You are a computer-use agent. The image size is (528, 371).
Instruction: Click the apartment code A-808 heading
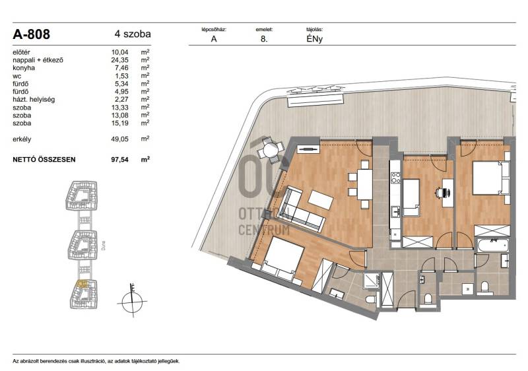pos(31,34)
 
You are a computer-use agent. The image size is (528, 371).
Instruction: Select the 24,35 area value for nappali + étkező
pos(120,60)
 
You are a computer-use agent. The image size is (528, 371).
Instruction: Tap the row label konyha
pos(24,68)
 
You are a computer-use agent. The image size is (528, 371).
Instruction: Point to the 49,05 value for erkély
pos(120,139)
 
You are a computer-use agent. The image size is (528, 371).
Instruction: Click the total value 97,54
pos(120,160)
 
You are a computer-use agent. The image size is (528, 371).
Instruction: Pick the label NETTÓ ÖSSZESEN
pos(44,160)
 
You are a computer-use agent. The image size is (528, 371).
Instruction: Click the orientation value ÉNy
pos(315,39)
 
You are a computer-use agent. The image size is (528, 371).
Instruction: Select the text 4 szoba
pos(133,34)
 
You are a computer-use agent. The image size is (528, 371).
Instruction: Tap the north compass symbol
pos(132,300)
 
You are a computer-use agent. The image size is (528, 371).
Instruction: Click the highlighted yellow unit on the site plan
pos(82,284)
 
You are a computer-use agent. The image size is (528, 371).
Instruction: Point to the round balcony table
pos(271,150)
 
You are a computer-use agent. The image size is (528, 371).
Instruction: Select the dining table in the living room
pos(365,184)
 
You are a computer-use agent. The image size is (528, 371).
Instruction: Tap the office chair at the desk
pos(443,193)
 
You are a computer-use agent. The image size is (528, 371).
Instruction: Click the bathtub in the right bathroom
pos(492,246)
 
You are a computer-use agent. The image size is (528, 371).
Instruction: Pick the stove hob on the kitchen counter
pos(395,178)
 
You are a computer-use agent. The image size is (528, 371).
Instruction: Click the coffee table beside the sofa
pos(321,200)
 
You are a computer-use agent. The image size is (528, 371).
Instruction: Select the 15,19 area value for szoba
pos(120,123)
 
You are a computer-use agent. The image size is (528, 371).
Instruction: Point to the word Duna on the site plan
pos(103,245)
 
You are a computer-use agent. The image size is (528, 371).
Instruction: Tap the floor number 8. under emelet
pos(264,39)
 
